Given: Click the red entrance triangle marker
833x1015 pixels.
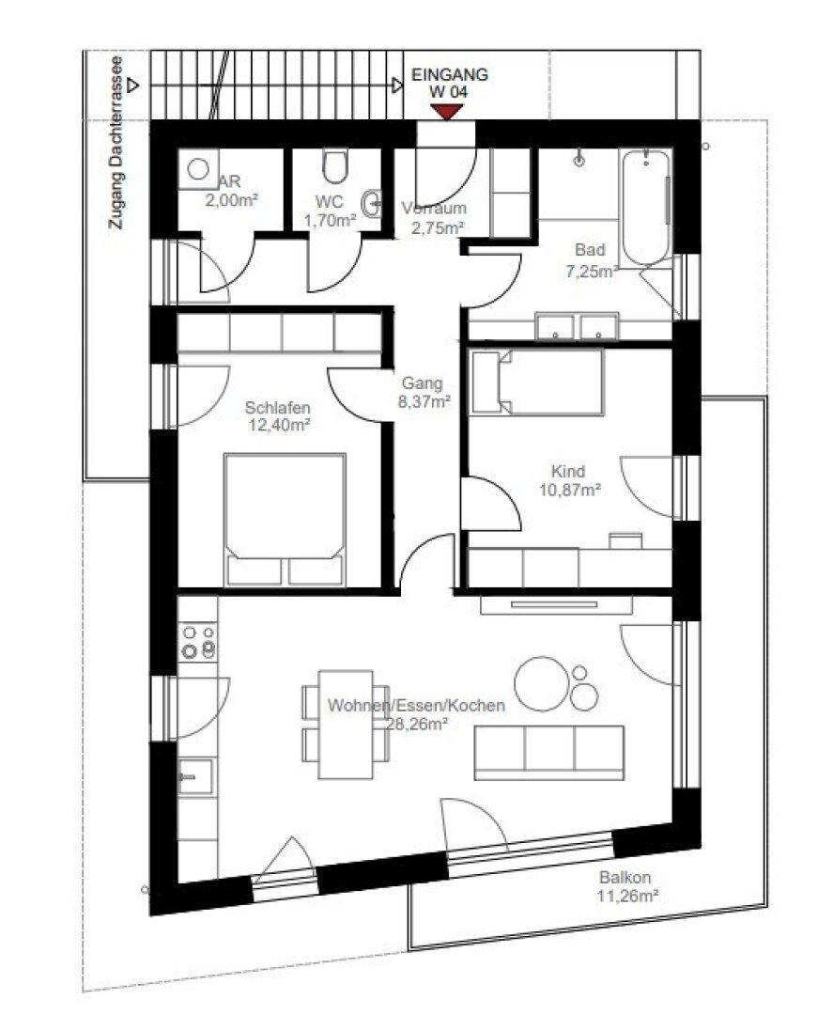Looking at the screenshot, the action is tap(448, 112).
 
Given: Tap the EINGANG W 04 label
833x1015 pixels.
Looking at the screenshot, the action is tap(450, 83).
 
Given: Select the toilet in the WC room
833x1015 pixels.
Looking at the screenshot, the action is tap(334, 167).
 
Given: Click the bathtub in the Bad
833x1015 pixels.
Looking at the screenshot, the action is tap(646, 207).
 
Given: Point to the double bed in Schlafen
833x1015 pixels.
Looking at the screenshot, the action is tap(285, 520).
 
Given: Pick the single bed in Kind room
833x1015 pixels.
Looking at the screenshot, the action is tap(537, 382).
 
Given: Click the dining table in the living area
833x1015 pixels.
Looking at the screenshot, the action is tap(346, 725).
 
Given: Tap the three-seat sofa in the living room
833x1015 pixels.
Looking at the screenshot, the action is tap(549, 752).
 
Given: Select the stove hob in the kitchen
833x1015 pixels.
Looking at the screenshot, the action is tap(198, 642).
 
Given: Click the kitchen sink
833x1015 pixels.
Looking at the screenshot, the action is tap(195, 776).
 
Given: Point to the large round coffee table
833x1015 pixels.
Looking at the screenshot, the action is tap(541, 684).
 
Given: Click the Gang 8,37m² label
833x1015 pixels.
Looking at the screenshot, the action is tap(424, 392).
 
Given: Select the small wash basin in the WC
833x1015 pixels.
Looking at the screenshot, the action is tap(373, 204).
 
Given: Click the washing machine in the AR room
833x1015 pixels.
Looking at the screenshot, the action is tap(198, 169).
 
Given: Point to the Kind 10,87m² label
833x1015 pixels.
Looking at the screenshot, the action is tap(570, 480).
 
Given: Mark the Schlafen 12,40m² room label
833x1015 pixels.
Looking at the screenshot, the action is tap(278, 416).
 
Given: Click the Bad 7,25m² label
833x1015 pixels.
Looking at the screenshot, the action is tap(590, 259).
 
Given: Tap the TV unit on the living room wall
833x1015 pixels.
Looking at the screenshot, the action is tap(556, 605).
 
